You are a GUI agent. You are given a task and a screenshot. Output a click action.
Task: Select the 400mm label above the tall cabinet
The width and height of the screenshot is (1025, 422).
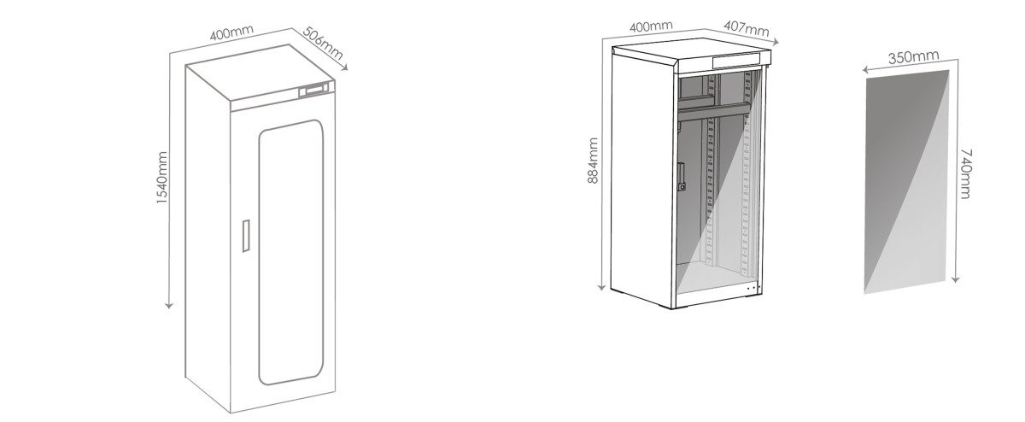point(232,36)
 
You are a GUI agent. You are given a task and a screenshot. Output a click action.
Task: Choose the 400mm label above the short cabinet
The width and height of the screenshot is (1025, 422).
point(651,26)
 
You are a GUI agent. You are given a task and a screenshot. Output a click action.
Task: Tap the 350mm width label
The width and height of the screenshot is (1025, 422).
point(912,58)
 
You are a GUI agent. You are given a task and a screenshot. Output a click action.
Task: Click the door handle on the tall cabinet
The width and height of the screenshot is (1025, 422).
point(245,236)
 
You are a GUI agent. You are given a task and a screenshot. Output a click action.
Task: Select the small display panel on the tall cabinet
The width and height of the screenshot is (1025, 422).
point(314,89)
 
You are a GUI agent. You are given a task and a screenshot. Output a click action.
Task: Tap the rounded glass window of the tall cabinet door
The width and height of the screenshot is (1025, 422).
point(291,252)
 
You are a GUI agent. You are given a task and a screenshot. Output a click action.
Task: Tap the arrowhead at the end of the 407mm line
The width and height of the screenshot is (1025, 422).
point(776,41)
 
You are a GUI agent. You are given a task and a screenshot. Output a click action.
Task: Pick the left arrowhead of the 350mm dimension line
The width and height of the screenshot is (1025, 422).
point(864,71)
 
